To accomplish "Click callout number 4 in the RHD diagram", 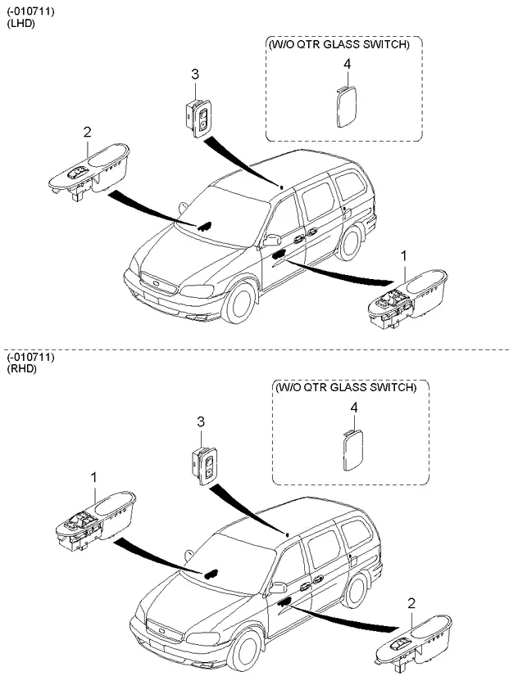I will point(353,407).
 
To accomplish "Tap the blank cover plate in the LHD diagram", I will point(345,106).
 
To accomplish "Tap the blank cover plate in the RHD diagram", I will point(352,449).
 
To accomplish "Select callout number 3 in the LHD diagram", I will point(195,75).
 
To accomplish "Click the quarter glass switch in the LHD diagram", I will point(198,116).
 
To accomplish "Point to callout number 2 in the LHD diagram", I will point(87,130).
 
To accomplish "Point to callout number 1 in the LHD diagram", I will point(403,256).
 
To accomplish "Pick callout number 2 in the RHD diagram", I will point(411,603).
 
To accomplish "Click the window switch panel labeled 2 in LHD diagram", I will point(88,169).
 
